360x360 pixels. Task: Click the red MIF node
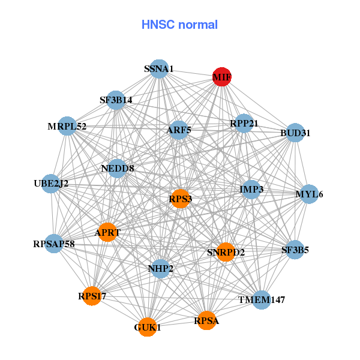pyautogui.click(x=222, y=77)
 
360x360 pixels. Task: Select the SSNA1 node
pyautogui.click(x=159, y=69)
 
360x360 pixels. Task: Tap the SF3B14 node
pyautogui.click(x=116, y=100)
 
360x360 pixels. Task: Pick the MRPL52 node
pyautogui.click(x=68, y=126)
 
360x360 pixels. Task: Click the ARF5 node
pyautogui.click(x=178, y=130)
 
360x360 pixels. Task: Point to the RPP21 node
pyautogui.click(x=244, y=124)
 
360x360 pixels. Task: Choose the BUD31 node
pyautogui.click(x=295, y=133)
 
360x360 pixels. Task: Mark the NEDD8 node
pyautogui.click(x=118, y=169)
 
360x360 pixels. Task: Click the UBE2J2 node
pyautogui.click(x=52, y=184)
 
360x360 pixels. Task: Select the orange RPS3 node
pyautogui.click(x=181, y=199)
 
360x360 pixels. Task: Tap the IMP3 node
pyautogui.click(x=251, y=190)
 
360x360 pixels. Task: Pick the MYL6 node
pyautogui.click(x=309, y=194)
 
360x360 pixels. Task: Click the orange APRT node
pyautogui.click(x=107, y=232)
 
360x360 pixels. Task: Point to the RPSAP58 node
pyautogui.click(x=54, y=244)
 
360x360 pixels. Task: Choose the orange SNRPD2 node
pyautogui.click(x=226, y=252)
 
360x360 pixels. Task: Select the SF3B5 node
pyautogui.click(x=295, y=250)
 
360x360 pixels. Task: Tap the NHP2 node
pyautogui.click(x=160, y=268)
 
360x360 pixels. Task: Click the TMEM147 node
pyautogui.click(x=262, y=299)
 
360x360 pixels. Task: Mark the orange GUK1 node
pyautogui.click(x=148, y=328)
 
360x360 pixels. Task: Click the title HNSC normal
pyautogui.click(x=179, y=25)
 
